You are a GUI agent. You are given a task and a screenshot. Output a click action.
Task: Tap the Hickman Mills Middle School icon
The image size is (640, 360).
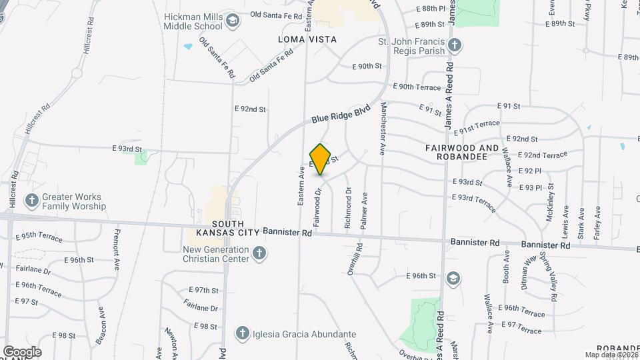click(x=232, y=20)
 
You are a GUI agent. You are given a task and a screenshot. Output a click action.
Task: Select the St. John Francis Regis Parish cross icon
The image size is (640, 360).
click(x=454, y=45)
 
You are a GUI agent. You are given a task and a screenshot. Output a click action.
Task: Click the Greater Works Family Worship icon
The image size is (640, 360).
click(x=31, y=200)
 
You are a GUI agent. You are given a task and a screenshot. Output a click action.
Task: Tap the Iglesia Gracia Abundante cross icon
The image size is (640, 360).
click(x=243, y=333)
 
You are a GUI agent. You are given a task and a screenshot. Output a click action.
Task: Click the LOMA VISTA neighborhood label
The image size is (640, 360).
click(x=307, y=39)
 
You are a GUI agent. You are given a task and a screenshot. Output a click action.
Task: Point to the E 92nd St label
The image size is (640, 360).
click(x=250, y=109)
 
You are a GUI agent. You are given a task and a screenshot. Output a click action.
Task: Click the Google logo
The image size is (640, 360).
click(x=22, y=351)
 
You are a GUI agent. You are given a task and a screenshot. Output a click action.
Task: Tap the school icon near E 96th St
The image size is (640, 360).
click(x=453, y=277)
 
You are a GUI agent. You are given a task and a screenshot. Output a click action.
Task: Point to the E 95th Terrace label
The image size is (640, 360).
click(x=39, y=237)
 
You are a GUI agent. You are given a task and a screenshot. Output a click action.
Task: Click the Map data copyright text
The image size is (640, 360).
click(x=612, y=355)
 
